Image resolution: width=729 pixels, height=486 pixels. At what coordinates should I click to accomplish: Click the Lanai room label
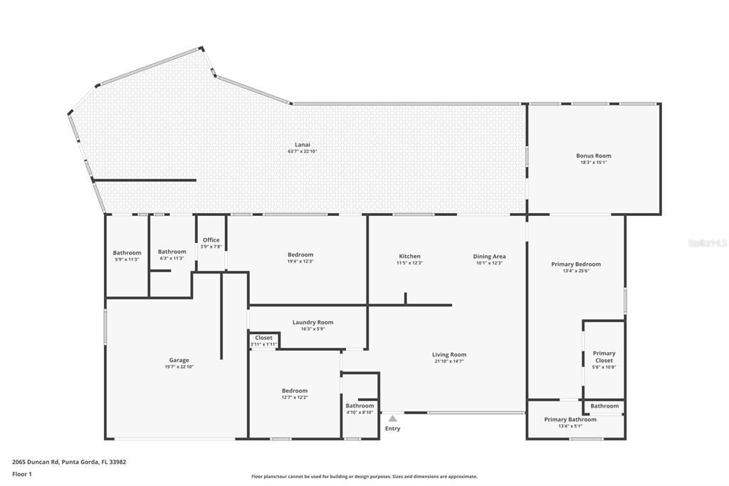coord(303,145)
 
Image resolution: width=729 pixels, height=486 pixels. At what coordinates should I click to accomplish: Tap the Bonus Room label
coord(593,156)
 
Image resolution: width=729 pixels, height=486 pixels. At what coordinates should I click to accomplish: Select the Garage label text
coord(179,361)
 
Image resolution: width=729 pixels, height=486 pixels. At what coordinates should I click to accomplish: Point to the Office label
coord(211,240)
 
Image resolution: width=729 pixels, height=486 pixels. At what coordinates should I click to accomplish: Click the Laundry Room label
coord(313,323)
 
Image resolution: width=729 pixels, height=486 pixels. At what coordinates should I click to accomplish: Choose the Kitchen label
coord(409,257)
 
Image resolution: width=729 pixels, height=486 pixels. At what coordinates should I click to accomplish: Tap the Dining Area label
coord(489,257)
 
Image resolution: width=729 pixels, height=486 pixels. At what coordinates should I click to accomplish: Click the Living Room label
coord(449,355)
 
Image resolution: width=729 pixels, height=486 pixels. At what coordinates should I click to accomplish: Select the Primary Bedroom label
coord(576,264)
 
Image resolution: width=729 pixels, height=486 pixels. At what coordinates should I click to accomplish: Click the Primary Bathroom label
coord(570,420)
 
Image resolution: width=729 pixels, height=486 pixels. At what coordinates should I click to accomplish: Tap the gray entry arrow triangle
coord(392,419)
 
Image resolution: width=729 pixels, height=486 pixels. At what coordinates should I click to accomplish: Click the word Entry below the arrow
coord(392,429)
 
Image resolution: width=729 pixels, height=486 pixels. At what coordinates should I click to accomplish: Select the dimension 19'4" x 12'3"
coord(300,262)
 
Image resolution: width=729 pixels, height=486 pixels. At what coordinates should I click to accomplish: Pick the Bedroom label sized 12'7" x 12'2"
coord(294,391)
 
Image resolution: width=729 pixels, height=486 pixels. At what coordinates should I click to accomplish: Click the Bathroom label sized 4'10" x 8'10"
coord(360,406)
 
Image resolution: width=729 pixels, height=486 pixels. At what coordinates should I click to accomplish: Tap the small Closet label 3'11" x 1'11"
coord(263,338)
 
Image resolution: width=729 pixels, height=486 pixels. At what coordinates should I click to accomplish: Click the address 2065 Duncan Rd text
coord(69,462)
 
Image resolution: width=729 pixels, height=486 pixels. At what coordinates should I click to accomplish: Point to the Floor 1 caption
coord(23,474)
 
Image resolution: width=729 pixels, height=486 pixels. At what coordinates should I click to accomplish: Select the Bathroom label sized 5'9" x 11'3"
coord(127,253)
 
